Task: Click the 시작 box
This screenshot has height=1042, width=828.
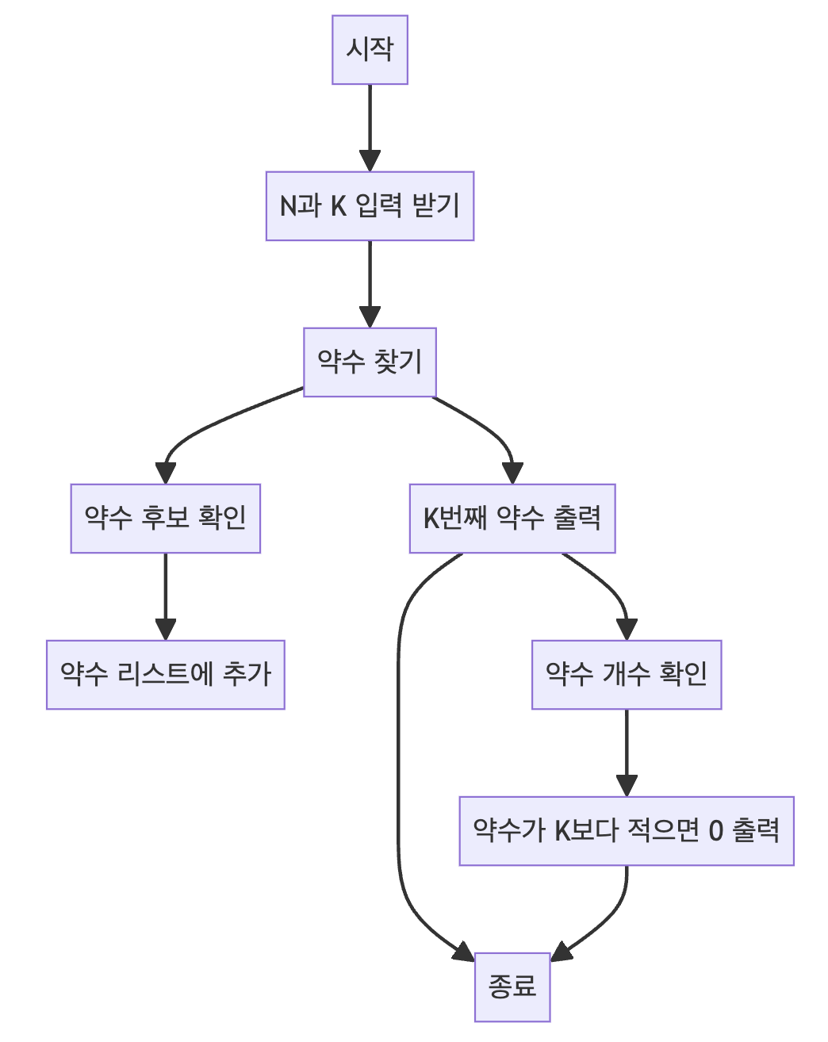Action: click(x=370, y=50)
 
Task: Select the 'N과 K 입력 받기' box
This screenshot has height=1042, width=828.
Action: click(x=370, y=206)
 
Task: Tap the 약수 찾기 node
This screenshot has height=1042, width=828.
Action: click(x=370, y=362)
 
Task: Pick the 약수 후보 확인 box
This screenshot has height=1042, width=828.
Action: click(x=165, y=519)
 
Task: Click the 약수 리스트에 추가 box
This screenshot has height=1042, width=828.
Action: click(x=165, y=675)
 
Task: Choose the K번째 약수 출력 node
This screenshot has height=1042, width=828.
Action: click(x=512, y=519)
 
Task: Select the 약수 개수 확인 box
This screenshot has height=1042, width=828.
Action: click(x=627, y=675)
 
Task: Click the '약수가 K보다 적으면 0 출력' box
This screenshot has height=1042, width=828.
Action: click(x=627, y=831)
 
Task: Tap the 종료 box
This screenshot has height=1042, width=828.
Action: click(x=512, y=987)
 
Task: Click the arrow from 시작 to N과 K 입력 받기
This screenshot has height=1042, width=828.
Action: click(x=370, y=127)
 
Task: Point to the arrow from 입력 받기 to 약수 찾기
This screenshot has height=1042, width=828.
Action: click(x=370, y=283)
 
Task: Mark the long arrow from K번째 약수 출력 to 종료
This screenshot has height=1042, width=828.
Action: click(x=398, y=753)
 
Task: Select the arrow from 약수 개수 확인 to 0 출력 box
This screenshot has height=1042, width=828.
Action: click(x=627, y=753)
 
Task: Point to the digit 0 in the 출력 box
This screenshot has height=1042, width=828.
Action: click(x=715, y=831)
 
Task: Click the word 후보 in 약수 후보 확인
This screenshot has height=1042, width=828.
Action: click(x=165, y=519)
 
